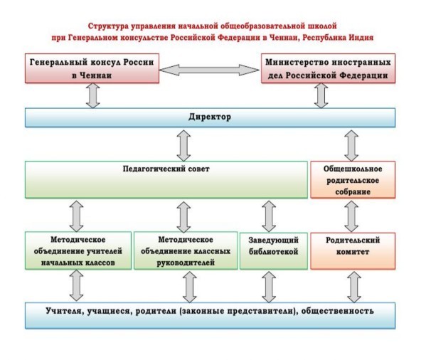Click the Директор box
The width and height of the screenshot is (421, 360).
(210, 117)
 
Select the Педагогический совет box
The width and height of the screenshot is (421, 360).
(166, 180)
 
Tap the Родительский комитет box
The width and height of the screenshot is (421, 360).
(353, 251)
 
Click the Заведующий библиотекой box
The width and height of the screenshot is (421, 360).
(274, 251)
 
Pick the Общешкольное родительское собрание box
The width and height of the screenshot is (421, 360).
(353, 180)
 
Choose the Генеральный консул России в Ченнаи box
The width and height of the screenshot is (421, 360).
(92, 68)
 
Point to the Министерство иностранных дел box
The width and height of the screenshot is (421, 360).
(328, 68)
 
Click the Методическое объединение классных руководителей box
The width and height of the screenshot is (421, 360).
(186, 250)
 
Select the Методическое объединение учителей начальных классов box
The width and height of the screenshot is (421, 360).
(78, 250)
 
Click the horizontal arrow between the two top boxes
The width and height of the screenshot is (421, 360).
(209, 70)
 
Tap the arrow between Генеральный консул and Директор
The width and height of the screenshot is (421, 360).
(93, 95)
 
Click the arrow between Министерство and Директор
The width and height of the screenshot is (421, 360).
(321, 95)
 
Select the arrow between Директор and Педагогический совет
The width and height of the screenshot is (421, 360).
(184, 146)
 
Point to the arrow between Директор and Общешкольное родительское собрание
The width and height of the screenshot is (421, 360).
(351, 146)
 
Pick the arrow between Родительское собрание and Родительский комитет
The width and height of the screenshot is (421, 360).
(351, 216)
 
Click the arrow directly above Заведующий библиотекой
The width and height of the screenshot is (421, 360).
(269, 216)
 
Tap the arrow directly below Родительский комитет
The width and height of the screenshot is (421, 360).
(354, 287)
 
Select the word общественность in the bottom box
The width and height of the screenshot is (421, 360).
(338, 311)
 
